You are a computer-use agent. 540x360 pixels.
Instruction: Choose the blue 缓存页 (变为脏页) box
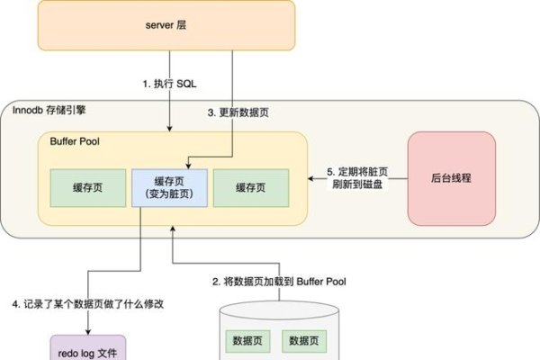[170, 188]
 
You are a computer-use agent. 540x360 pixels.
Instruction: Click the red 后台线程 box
[452, 178]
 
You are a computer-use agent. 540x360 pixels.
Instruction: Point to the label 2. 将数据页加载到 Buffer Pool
[279, 282]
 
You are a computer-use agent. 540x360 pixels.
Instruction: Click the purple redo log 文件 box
[88, 348]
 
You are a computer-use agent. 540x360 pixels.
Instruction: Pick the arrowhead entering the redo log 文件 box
[88, 332]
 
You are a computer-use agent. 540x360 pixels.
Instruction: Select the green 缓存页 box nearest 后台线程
[251, 187]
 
